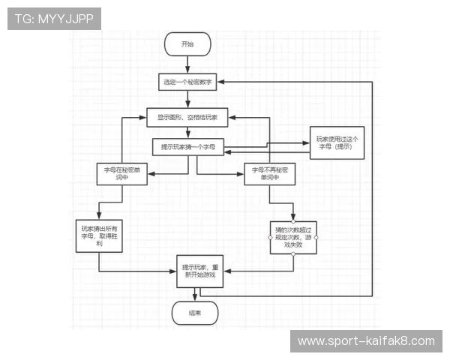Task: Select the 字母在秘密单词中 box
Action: pyautogui.click(x=121, y=174)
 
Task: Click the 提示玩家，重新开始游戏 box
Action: pyautogui.click(x=199, y=271)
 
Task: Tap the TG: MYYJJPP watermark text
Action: pyautogui.click(x=53, y=19)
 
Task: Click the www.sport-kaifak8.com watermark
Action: pyautogui.click(x=365, y=341)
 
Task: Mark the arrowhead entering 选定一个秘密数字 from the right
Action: pyautogui.click(x=222, y=82)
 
